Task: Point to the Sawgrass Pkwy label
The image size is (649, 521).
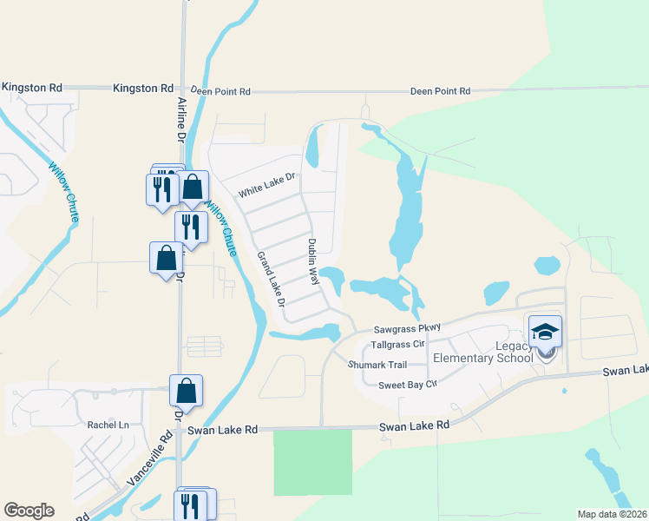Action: coord(408,328)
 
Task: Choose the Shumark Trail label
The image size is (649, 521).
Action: coord(377,366)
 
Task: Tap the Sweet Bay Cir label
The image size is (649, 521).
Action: coord(405,384)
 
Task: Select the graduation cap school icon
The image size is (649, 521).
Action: coord(546,331)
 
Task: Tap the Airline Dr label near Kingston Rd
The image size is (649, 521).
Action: coord(182,118)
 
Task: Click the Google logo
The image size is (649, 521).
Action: coord(29,511)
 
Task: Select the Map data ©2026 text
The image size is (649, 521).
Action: coord(612,514)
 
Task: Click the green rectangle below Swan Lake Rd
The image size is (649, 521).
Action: coord(313,462)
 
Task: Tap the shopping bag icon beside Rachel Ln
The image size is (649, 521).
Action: coord(187,391)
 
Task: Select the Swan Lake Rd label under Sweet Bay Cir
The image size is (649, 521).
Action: coord(415,425)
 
